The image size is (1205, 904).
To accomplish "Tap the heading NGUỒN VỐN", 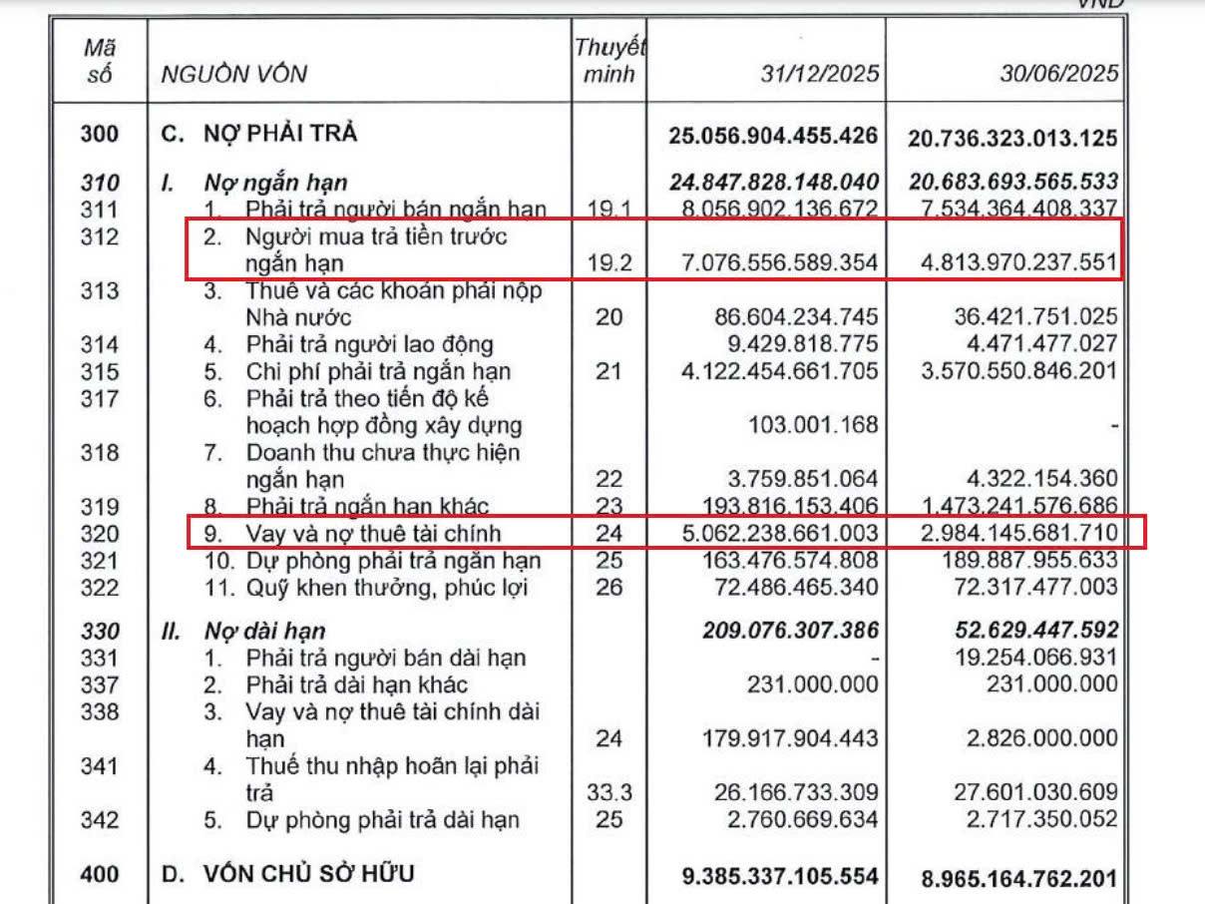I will (x=234, y=74).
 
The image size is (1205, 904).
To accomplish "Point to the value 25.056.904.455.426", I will (x=773, y=135).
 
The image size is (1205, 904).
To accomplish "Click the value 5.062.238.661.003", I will (x=777, y=532).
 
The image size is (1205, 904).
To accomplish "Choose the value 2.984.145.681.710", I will (x=1015, y=532).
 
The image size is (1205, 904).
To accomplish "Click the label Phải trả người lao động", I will (x=370, y=344).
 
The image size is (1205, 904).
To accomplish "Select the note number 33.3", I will (x=607, y=793).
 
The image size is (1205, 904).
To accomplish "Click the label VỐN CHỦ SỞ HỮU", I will (x=295, y=875).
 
